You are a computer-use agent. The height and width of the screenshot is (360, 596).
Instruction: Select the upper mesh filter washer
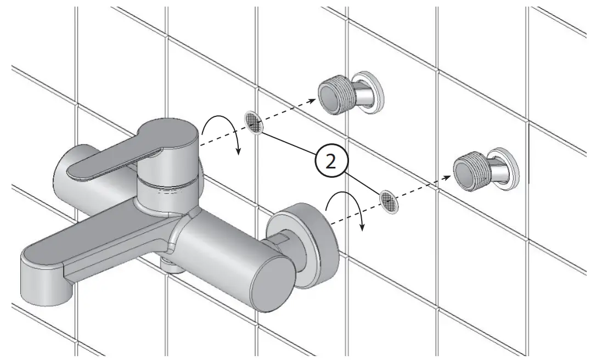(253, 122)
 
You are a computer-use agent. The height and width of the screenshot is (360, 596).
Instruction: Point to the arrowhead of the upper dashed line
(314, 100)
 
